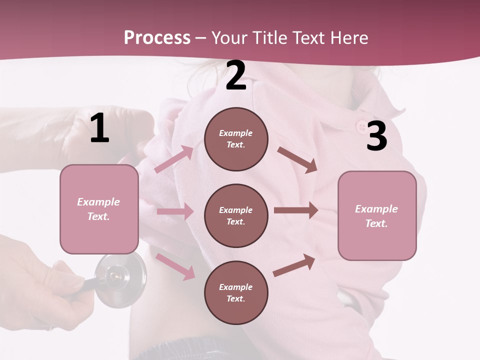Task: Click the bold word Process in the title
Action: (157, 37)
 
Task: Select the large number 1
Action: (99, 128)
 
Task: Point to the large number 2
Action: (236, 76)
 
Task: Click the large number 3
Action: (376, 136)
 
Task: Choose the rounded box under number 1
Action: (99, 209)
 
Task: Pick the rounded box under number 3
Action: (377, 215)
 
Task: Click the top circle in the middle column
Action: (236, 139)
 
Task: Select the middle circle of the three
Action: (236, 215)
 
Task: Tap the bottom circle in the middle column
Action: (236, 292)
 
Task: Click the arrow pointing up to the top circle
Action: (174, 159)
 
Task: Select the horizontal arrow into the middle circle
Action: (174, 211)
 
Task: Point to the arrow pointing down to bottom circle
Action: (175, 266)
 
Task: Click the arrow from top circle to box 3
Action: (297, 159)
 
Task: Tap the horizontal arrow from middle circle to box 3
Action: (295, 210)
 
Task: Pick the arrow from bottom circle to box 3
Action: (294, 265)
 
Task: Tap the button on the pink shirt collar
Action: (361, 125)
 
